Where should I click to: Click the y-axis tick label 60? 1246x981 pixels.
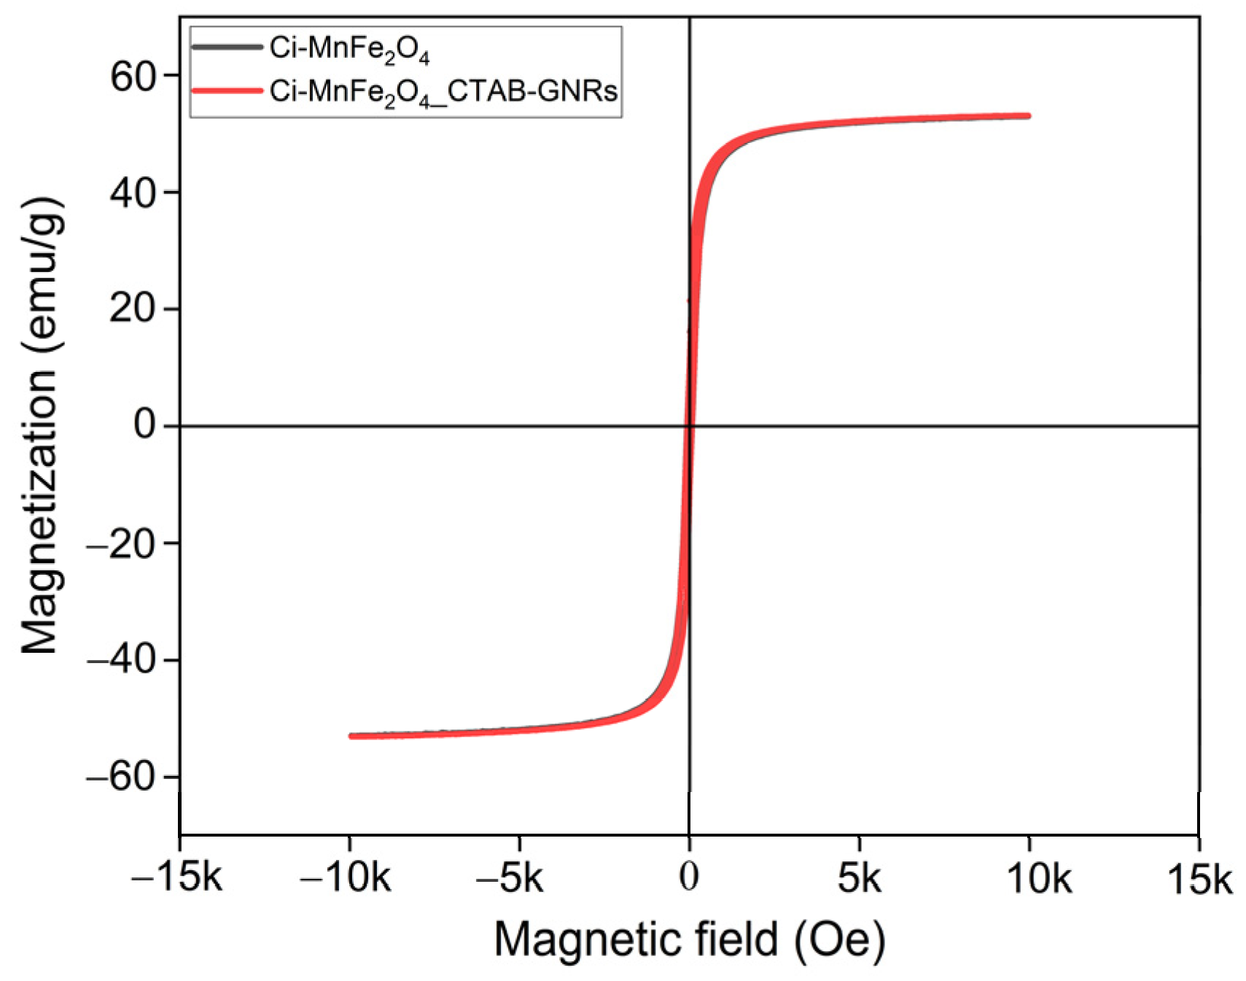click(133, 76)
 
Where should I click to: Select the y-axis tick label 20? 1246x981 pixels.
click(133, 309)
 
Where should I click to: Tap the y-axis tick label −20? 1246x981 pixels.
click(122, 543)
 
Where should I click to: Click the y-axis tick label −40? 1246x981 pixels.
click(122, 660)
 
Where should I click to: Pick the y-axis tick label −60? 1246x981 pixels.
click(122, 777)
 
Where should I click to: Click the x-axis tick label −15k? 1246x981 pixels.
click(176, 878)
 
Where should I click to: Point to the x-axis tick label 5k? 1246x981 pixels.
click(859, 878)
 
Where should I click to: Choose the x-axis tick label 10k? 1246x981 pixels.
click(1038, 878)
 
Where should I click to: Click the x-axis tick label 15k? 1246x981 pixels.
click(1199, 878)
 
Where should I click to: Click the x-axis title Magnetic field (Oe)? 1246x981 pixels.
click(690, 939)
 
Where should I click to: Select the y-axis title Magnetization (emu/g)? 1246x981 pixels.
click(40, 426)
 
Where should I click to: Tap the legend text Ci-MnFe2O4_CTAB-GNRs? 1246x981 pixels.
click(443, 92)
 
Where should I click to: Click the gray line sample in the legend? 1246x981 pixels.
click(227, 47)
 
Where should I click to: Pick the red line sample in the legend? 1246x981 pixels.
click(227, 91)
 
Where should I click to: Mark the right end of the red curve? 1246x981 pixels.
click(1028, 115)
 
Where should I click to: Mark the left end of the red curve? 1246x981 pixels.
click(351, 736)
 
